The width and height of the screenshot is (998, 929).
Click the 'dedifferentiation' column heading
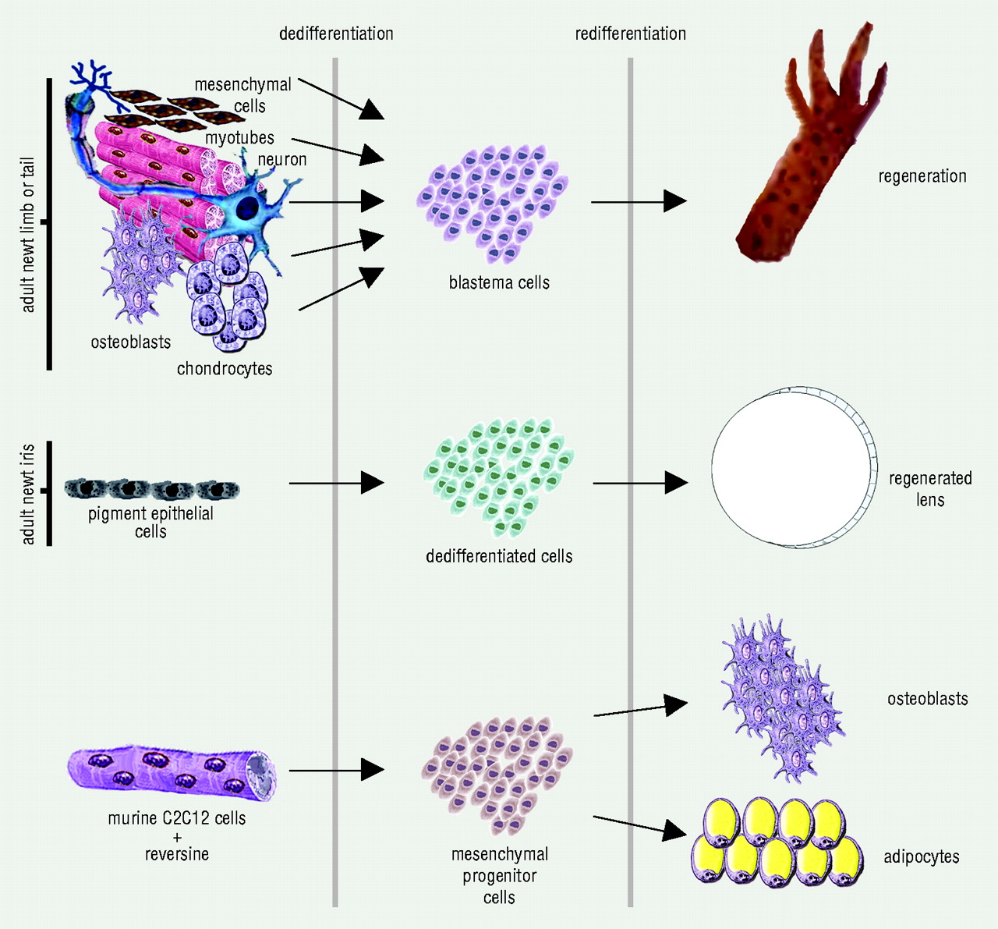pos(336,34)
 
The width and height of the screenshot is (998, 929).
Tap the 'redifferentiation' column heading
pos(630,34)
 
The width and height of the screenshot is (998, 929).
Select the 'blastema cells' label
pos(499,282)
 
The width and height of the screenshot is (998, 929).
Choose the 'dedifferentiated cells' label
pos(499,556)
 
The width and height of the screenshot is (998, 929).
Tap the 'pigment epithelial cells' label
pos(150,522)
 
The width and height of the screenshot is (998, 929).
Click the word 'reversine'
pos(177,854)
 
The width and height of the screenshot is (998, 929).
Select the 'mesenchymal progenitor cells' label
pos(499,875)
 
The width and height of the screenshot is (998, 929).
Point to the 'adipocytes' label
pos(921,856)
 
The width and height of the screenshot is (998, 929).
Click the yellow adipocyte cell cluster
pos(777,842)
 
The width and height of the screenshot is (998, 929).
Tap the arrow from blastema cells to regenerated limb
pos(638,201)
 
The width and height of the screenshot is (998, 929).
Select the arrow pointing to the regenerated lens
pos(639,483)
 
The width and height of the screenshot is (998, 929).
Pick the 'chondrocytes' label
pos(225,368)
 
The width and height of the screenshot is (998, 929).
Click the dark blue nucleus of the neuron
pos(248,207)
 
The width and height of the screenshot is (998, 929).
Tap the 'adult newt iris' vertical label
pos(28,494)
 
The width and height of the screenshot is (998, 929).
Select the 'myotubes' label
pos(239,138)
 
